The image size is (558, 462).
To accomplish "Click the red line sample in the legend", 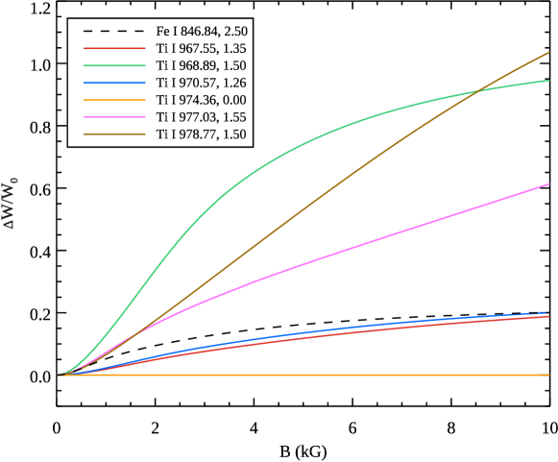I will point(114,48).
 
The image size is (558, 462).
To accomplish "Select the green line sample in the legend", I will point(114,65).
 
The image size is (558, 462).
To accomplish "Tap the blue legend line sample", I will point(114,83).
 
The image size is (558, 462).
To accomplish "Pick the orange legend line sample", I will point(114,100).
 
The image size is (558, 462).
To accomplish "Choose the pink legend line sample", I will point(114,117).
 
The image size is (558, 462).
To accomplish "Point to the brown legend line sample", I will point(114,134).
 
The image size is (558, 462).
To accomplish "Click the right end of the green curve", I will point(548,81).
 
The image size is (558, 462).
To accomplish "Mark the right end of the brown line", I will point(548,53).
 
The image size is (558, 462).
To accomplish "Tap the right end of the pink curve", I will point(548,184).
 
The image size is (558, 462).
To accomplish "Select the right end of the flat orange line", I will point(548,375).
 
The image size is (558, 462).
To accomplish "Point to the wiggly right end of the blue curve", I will point(546,313).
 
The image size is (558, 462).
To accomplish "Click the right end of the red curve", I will point(548,317).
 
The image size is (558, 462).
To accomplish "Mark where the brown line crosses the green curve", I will point(478,92).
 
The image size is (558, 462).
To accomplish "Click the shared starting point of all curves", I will point(59,375).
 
